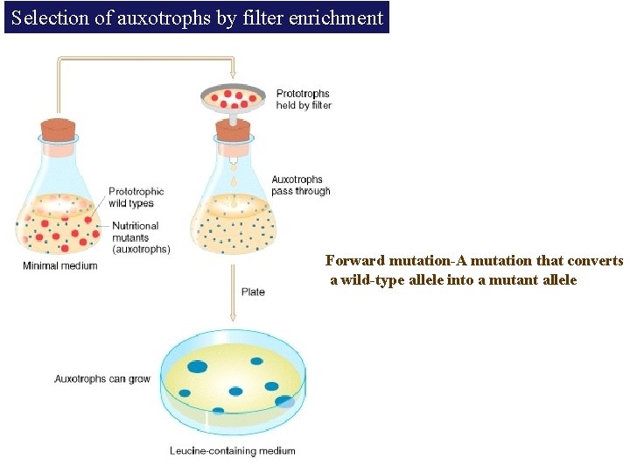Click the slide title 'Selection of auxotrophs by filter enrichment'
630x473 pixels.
(197, 18)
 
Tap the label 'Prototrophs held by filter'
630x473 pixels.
(304, 99)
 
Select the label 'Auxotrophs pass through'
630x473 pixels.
(301, 186)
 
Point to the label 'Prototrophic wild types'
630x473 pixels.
(136, 197)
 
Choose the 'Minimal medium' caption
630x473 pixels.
(59, 265)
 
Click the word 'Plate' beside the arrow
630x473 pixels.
(252, 292)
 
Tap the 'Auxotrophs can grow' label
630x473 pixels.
(102, 379)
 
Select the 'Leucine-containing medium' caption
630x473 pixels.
(232, 451)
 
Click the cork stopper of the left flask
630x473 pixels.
(59, 130)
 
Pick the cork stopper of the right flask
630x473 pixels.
(233, 130)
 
